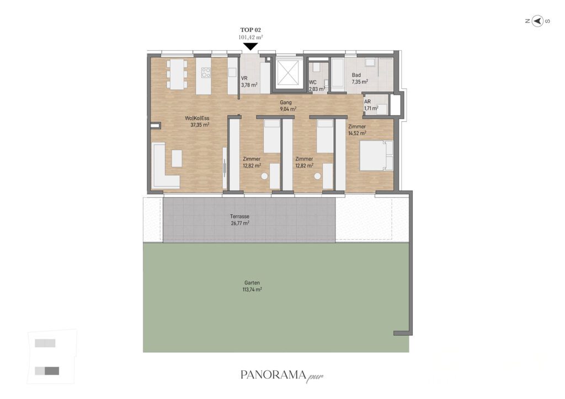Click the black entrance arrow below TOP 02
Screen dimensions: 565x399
[250, 46]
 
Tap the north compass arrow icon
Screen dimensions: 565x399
[537, 21]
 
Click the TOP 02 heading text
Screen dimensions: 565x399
[250, 30]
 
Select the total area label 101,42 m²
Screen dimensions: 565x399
[250, 37]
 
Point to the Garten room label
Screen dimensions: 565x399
[252, 283]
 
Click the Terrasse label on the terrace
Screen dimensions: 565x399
[239, 217]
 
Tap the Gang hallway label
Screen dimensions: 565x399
[286, 103]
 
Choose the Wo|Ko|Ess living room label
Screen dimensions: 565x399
[197, 118]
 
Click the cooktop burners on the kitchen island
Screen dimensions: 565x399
[206, 73]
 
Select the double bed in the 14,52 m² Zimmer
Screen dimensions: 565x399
[376, 155]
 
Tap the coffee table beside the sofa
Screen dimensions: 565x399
[177, 158]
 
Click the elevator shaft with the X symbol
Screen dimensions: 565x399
[287, 73]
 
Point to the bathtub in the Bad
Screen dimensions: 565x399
[338, 73]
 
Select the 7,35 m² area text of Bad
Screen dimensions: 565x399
[360, 82]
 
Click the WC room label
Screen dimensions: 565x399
[313, 83]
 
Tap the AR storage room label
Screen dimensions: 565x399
[367, 102]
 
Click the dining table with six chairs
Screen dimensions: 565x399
[177, 74]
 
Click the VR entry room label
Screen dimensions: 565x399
[244, 78]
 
